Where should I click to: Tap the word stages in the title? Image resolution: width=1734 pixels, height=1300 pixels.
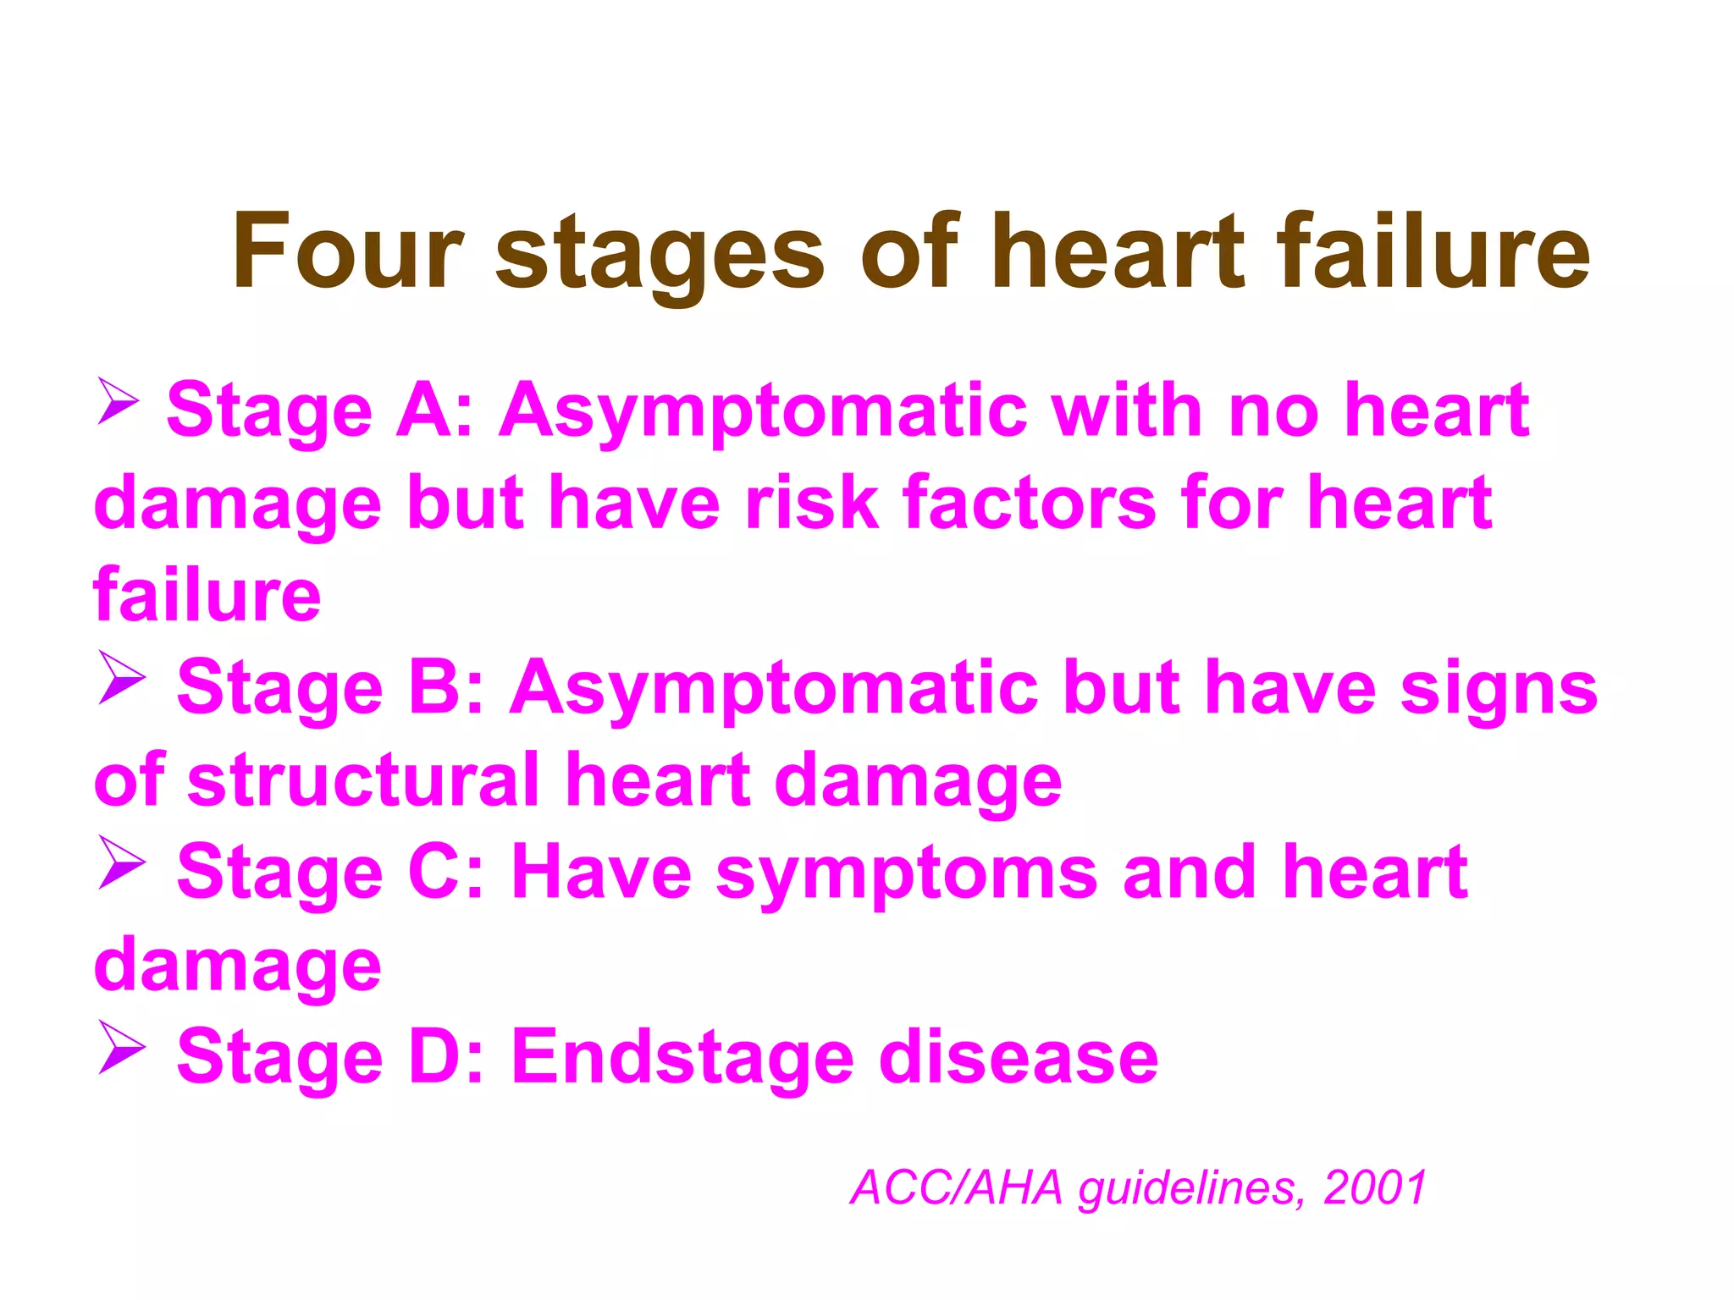point(660,254)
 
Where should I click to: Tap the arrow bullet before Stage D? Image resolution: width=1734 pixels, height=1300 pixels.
point(122,1047)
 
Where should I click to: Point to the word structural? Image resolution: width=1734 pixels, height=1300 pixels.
point(363,779)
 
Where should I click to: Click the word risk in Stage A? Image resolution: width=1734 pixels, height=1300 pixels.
point(811,503)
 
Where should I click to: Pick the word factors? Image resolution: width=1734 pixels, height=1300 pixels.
point(1029,503)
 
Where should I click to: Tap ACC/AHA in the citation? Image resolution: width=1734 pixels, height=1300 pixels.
point(957,1187)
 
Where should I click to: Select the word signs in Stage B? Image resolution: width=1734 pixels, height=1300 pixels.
point(1499,691)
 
